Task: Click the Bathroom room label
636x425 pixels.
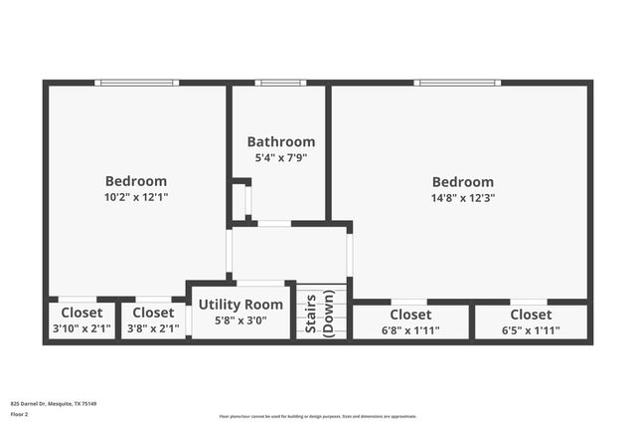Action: tap(281, 141)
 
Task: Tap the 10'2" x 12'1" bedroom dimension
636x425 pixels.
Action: tap(136, 197)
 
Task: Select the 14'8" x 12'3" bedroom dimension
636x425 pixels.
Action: tap(462, 197)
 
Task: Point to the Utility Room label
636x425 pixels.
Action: tap(240, 305)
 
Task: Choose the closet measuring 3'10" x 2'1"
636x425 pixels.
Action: tap(81, 320)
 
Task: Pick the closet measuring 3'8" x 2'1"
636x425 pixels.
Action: tap(153, 320)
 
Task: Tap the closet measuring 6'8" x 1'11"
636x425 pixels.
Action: tap(410, 321)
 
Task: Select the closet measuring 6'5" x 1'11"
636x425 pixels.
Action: tap(531, 321)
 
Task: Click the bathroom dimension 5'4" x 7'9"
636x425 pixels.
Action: tap(281, 157)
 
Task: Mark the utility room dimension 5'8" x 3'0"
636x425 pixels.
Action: tap(240, 320)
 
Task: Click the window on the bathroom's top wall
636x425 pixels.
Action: tap(280, 83)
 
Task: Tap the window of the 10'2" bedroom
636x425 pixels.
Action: tap(137, 83)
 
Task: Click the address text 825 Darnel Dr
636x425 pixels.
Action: tap(54, 404)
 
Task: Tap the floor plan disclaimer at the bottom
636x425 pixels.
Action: tap(318, 416)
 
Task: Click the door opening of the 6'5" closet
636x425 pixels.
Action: tap(529, 301)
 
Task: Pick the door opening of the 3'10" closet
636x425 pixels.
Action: tap(78, 299)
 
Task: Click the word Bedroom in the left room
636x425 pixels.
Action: tap(136, 181)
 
